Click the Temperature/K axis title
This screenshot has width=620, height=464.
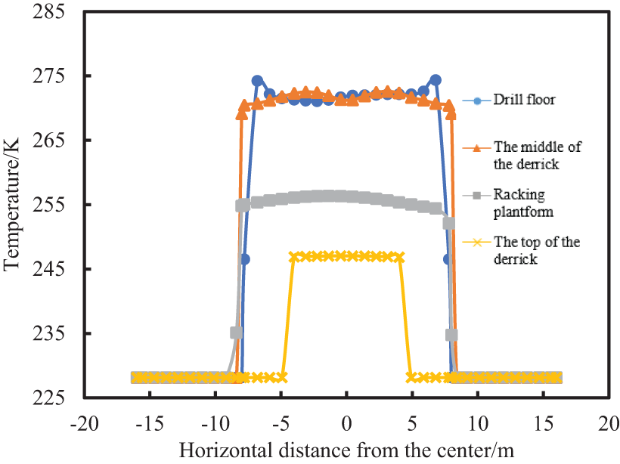tap(13, 206)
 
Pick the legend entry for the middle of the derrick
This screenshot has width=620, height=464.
tap(537, 153)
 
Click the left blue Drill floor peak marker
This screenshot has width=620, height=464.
tap(257, 81)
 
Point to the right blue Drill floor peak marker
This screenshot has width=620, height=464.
tap(436, 80)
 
